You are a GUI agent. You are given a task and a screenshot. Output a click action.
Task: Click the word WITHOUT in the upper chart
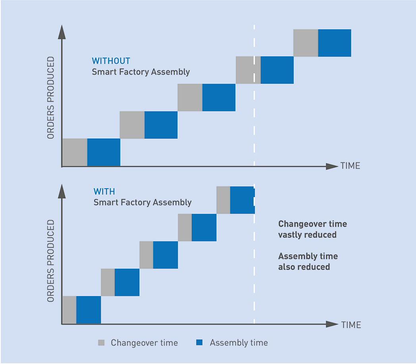click(x=111, y=61)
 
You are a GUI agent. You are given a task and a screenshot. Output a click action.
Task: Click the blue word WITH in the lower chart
click(x=104, y=191)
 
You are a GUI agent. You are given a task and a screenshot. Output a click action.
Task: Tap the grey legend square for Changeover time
click(x=102, y=343)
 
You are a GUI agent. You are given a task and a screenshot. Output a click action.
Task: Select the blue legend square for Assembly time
click(x=200, y=343)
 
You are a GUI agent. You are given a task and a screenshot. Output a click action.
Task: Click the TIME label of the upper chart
click(x=350, y=166)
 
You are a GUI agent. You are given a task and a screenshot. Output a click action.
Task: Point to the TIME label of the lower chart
click(x=351, y=325)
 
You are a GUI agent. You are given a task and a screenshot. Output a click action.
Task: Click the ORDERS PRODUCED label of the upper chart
click(x=51, y=98)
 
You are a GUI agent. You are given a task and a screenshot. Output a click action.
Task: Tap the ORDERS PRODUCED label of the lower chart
click(x=51, y=261)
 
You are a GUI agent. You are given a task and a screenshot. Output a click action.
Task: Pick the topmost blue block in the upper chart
click(x=335, y=43)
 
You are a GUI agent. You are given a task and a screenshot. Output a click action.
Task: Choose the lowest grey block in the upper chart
click(x=75, y=152)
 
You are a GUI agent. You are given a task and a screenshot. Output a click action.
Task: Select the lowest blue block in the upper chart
click(x=104, y=152)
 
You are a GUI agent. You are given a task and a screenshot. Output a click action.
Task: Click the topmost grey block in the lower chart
click(x=223, y=200)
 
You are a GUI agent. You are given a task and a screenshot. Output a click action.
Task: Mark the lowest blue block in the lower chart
click(x=89, y=310)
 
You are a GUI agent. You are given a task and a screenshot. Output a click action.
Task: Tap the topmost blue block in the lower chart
click(x=242, y=200)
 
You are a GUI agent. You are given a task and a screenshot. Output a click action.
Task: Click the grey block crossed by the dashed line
click(x=248, y=70)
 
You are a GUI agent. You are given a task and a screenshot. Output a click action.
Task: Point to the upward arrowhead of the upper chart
click(x=62, y=32)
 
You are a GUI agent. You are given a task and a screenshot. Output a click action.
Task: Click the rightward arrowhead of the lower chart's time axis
click(x=332, y=324)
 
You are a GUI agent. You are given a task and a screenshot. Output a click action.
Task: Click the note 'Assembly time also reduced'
click(x=308, y=261)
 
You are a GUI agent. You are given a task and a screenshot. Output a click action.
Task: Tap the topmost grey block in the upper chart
click(x=306, y=43)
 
